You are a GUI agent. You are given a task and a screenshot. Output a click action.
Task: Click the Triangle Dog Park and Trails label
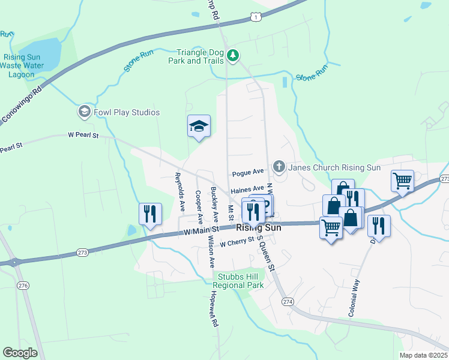click(x=200, y=56)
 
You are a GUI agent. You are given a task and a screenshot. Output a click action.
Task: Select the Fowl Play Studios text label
click(x=127, y=112)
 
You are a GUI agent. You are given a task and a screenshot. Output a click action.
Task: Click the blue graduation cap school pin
click(x=199, y=127)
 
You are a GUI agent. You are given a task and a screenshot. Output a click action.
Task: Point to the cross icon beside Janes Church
click(x=278, y=166)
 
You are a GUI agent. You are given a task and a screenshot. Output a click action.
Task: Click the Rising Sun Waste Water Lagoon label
click(x=25, y=66)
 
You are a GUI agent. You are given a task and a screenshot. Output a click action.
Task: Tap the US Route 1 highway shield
click(x=256, y=17)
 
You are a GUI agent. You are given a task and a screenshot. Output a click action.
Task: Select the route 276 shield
click(x=23, y=284)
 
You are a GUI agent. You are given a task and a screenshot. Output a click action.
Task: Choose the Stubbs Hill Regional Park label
click(x=238, y=281)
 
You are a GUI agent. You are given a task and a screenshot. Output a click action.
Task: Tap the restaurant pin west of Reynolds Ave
click(x=150, y=214)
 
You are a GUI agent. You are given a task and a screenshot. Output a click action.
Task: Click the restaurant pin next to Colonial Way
click(x=379, y=226)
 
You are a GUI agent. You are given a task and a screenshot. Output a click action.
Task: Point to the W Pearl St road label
click(x=82, y=136)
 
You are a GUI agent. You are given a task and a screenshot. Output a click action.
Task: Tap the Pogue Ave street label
click(x=248, y=173)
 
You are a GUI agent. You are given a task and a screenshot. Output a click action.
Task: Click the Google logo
click(x=20, y=352)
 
